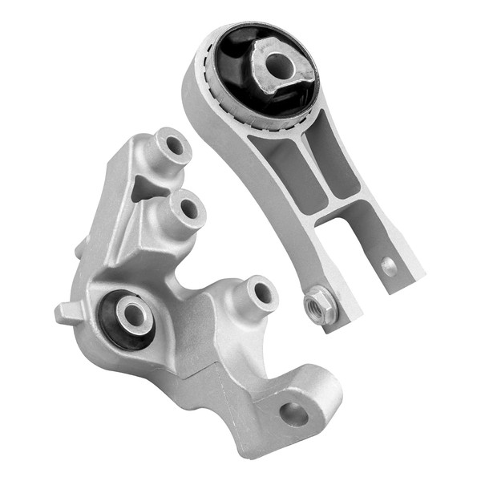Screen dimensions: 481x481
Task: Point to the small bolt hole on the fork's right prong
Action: pyautogui.click(x=389, y=265)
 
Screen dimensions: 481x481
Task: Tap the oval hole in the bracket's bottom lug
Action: pyautogui.click(x=293, y=414)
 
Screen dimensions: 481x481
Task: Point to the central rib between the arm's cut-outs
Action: pyautogui.click(x=314, y=172)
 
